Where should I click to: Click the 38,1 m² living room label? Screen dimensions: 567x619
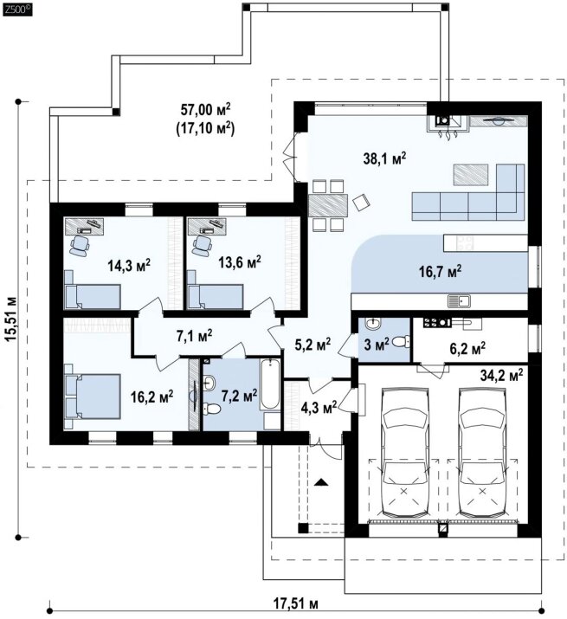(x=384, y=158)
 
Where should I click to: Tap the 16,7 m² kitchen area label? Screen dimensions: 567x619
(x=440, y=271)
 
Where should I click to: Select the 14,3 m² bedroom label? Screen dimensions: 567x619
(x=129, y=265)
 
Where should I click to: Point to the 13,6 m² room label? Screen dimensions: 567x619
(x=240, y=261)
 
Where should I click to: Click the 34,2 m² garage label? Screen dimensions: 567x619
(x=502, y=374)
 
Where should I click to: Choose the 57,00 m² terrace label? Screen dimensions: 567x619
(x=205, y=109)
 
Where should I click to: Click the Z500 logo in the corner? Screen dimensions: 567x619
(x=16, y=10)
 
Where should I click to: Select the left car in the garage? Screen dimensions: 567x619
(x=404, y=453)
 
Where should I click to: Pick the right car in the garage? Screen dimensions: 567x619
(x=482, y=453)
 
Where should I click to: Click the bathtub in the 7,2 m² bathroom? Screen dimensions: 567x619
(x=270, y=384)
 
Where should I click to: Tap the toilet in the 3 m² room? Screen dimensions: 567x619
(x=403, y=341)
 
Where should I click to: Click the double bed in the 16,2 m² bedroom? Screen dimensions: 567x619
(x=93, y=396)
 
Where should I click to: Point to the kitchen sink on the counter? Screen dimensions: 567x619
(x=459, y=301)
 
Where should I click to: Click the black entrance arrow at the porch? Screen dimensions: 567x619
(x=321, y=481)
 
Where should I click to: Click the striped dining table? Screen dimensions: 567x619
(x=327, y=204)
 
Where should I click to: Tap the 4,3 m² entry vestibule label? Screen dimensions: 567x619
(x=319, y=405)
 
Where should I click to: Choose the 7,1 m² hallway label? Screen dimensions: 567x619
(x=194, y=336)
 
